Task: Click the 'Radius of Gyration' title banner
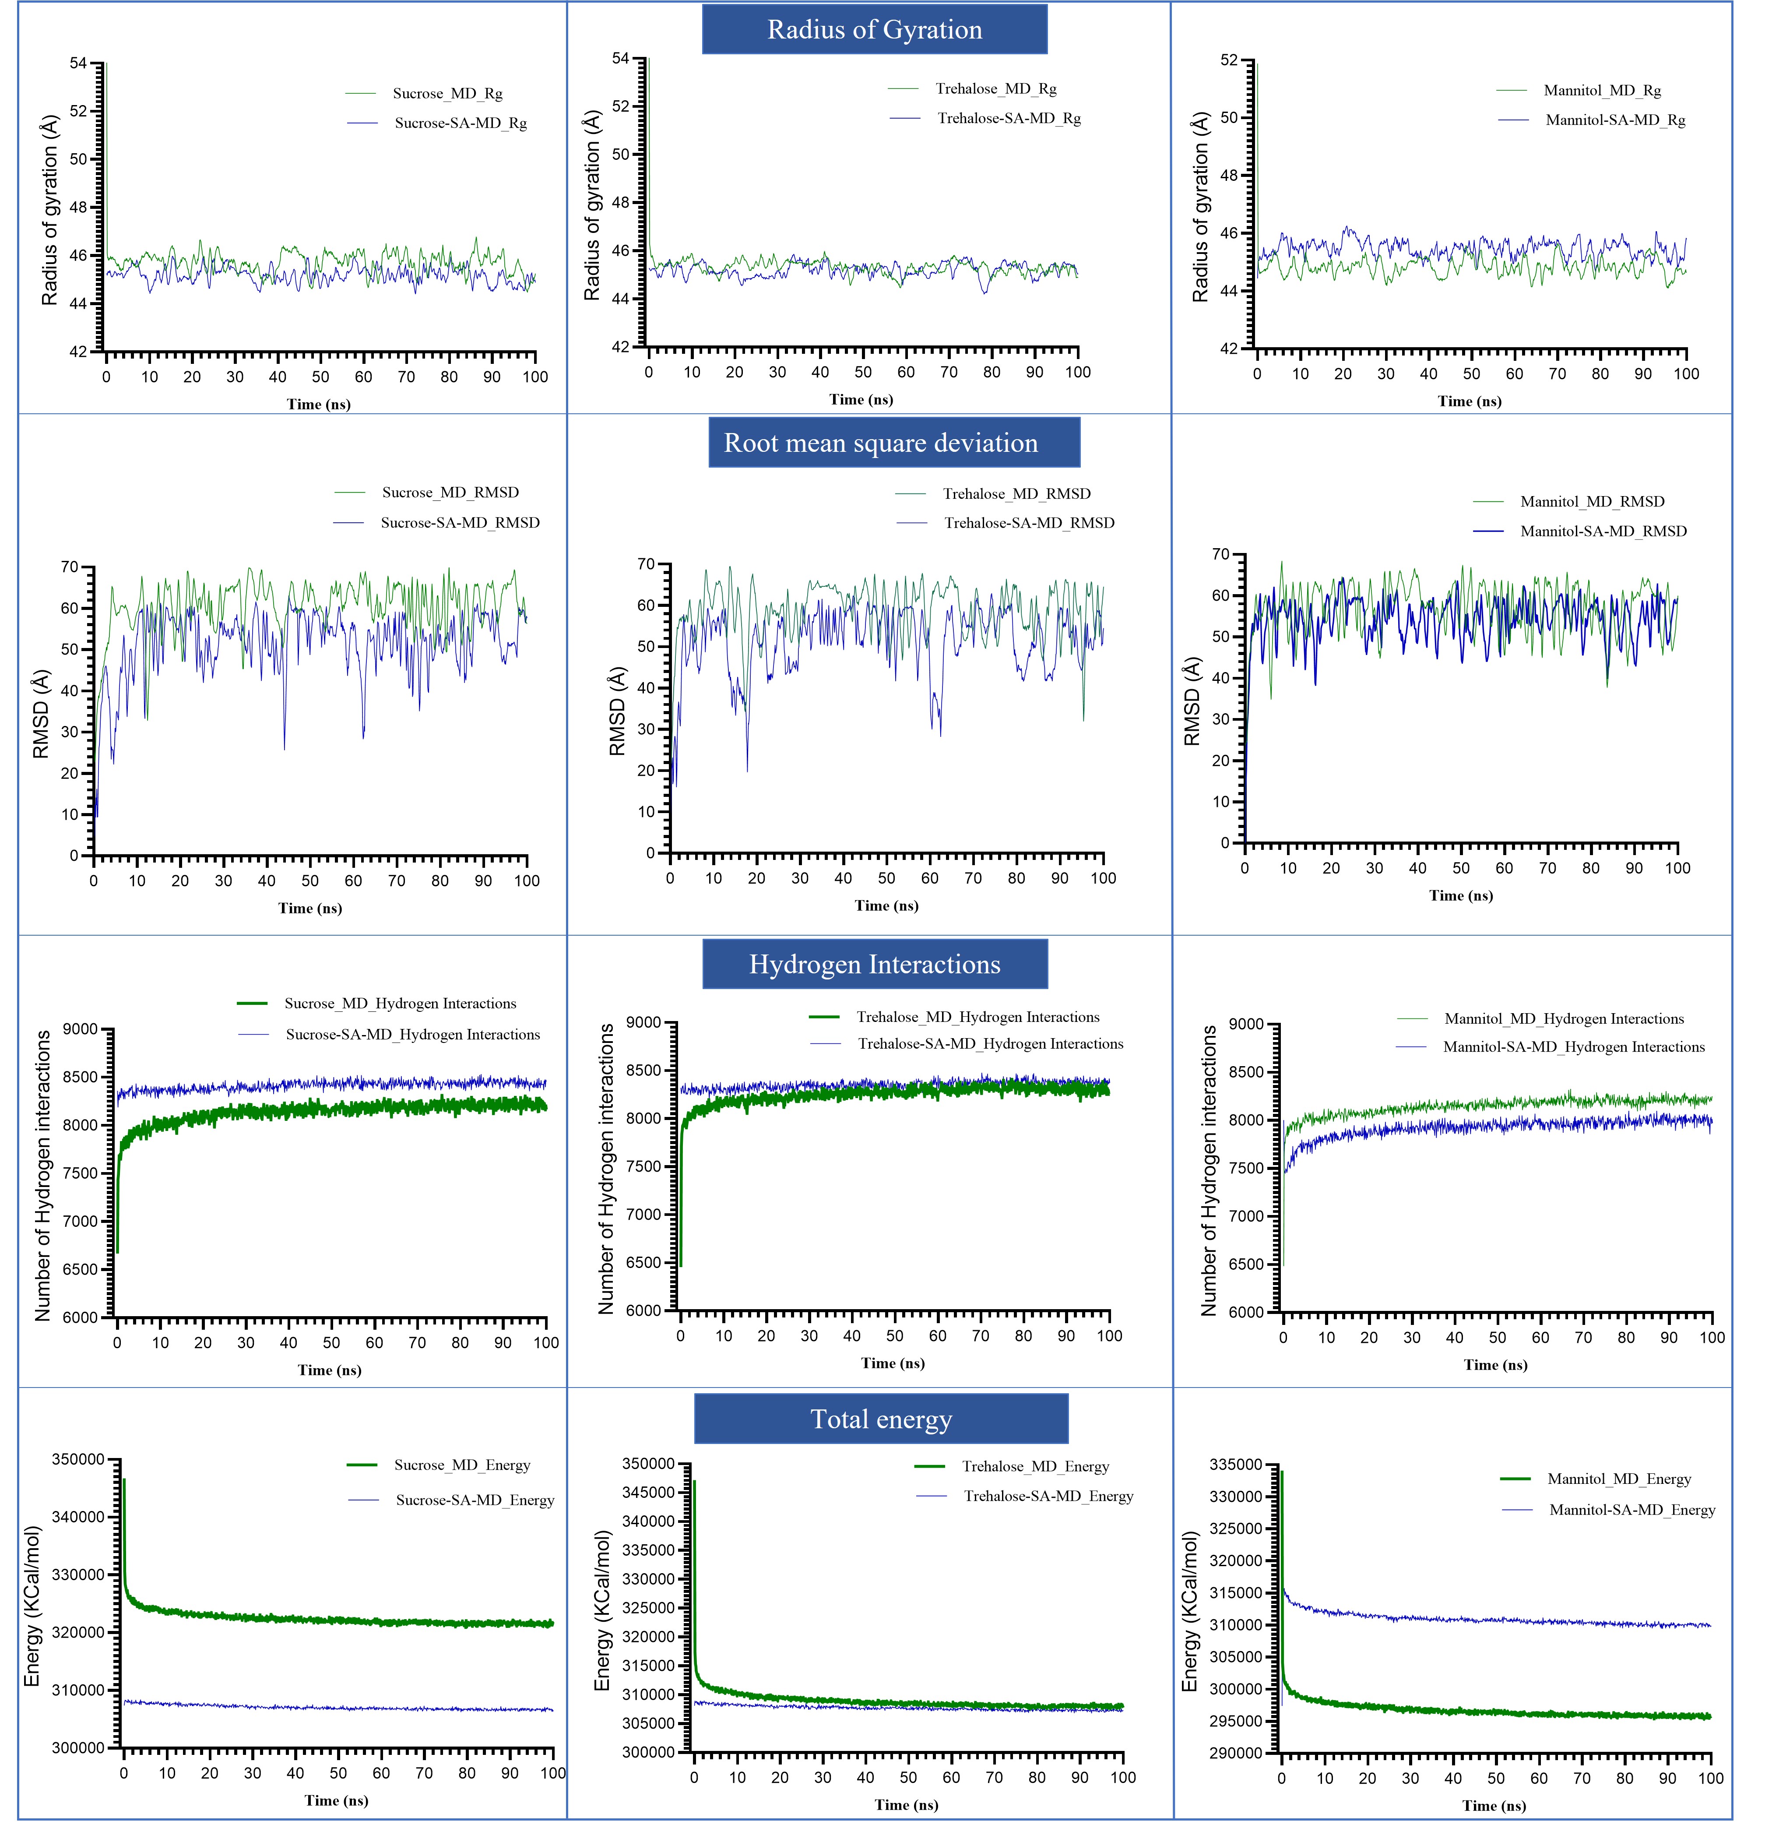pos(874,30)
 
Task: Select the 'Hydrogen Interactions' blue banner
pos(874,964)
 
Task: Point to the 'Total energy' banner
pos(881,1419)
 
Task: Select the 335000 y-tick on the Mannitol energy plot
pos(1235,1464)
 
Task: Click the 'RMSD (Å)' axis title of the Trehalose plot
pos(616,711)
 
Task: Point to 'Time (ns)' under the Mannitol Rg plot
pos(1469,402)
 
